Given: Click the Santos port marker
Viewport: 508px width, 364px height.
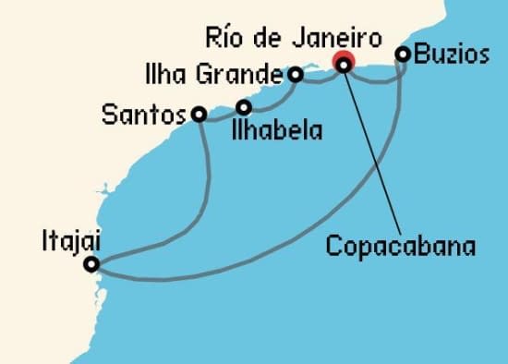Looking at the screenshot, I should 199,115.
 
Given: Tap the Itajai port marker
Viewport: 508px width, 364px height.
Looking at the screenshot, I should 91,265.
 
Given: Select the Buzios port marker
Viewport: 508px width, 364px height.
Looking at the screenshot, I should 403,55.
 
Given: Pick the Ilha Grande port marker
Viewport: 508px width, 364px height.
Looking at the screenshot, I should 296,74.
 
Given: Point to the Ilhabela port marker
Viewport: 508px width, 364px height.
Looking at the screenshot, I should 244,106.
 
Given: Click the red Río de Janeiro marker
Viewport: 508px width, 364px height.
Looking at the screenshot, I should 344,64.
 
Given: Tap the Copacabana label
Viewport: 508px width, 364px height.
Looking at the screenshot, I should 401,247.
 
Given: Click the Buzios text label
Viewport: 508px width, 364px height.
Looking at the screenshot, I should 452,55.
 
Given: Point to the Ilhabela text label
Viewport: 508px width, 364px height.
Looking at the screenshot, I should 277,130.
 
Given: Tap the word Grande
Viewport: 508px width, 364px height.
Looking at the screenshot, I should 249,72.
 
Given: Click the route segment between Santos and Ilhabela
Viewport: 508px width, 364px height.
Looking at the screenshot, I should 221,117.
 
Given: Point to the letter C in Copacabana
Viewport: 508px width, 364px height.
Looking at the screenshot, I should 334,247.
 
